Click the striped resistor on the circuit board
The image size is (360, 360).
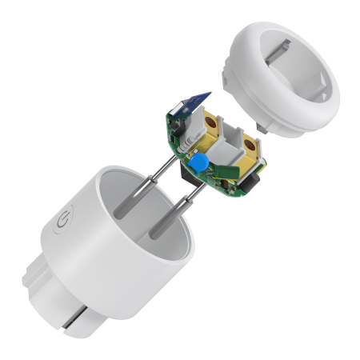[x=186, y=145]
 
